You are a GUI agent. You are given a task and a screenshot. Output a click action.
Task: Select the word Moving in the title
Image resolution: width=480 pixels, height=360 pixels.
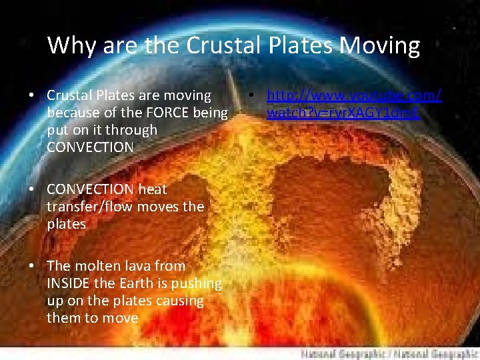379,46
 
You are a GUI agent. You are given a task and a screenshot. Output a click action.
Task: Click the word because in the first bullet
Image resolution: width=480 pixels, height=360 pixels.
72,112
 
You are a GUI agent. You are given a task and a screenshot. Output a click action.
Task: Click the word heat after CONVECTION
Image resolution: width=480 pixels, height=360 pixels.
152,190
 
